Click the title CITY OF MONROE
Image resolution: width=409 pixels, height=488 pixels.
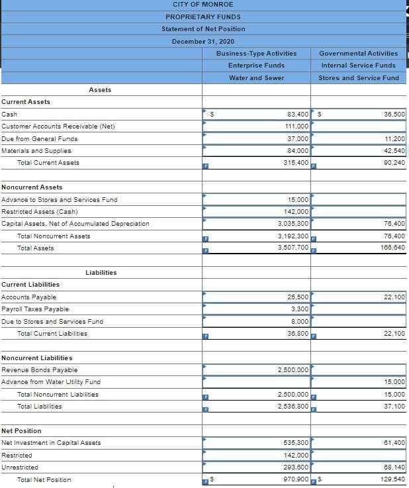[203, 5]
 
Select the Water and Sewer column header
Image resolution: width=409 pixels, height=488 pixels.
[256, 78]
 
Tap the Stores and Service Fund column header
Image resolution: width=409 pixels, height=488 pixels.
[358, 78]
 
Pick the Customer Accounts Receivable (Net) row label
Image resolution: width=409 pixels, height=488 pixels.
[58, 126]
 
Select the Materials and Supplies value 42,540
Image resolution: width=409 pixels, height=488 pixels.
[394, 151]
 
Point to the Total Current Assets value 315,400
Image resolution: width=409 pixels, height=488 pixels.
[295, 163]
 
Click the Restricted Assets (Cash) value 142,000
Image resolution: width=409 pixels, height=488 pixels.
[295, 212]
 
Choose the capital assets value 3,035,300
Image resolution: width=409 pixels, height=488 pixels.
[293, 224]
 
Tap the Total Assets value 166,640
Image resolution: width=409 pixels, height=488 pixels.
[394, 248]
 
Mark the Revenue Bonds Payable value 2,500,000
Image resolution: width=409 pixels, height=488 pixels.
[293, 369]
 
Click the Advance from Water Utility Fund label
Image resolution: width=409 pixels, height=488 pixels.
[51, 382]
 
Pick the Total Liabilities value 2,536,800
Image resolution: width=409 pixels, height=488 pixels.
[293, 406]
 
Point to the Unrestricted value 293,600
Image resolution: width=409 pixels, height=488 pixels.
[295, 467]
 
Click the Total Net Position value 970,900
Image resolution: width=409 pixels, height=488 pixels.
[295, 479]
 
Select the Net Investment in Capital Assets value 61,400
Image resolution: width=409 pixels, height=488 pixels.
[394, 442]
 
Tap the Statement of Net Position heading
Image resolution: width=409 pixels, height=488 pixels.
[203, 29]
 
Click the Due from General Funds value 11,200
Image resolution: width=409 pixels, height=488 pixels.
[394, 139]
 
